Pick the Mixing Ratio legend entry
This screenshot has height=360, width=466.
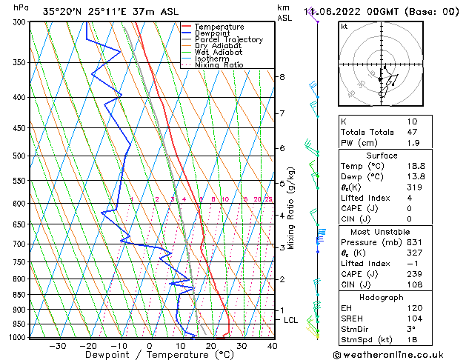click(219, 65)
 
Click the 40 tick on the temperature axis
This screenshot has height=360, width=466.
click(272, 346)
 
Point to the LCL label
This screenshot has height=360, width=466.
click(290, 320)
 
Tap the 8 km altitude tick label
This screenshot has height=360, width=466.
click(282, 77)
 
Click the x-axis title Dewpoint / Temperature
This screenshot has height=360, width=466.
click(150, 355)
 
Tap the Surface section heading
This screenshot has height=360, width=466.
click(382, 156)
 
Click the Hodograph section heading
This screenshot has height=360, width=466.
click(382, 297)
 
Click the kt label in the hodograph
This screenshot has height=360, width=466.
click(344, 27)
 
